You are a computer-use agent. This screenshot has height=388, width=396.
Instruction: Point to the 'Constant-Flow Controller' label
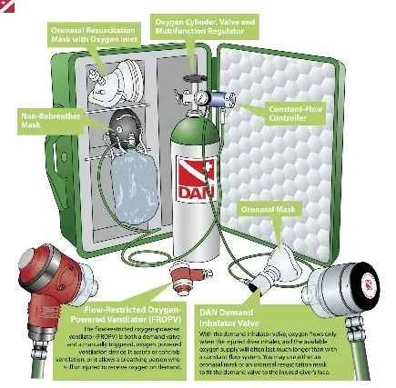(x=295, y=114)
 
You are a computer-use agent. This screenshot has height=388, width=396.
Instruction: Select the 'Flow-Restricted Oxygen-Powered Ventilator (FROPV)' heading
(x=125, y=314)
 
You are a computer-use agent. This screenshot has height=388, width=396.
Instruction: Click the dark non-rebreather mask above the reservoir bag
(x=125, y=124)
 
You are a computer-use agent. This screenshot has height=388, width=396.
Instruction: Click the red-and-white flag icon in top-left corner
(x=7, y=7)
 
